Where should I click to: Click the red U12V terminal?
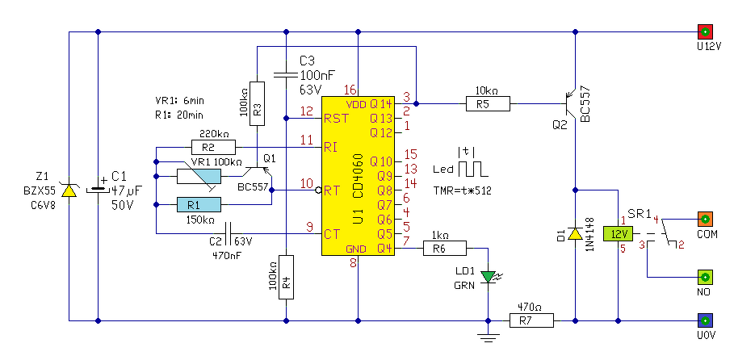point(705,32)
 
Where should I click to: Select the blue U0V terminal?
point(705,320)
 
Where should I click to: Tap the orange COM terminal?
point(705,219)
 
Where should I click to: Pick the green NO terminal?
point(705,277)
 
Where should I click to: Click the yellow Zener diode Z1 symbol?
point(69,190)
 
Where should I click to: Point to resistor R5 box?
point(488,103)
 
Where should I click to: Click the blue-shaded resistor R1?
point(199,205)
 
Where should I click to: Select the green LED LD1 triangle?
point(489,277)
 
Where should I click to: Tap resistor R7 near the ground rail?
point(531,320)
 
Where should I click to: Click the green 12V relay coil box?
point(618,234)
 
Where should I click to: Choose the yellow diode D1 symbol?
point(574,234)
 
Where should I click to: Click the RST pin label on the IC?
point(336,119)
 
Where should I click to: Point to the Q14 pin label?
point(381,104)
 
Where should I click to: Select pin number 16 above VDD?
point(351,90)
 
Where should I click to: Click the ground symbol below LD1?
point(489,338)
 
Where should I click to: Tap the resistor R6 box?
point(444,249)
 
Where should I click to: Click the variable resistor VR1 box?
point(199,176)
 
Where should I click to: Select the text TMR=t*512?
point(463,190)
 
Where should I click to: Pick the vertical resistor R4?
point(286,277)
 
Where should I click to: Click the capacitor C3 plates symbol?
point(286,74)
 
